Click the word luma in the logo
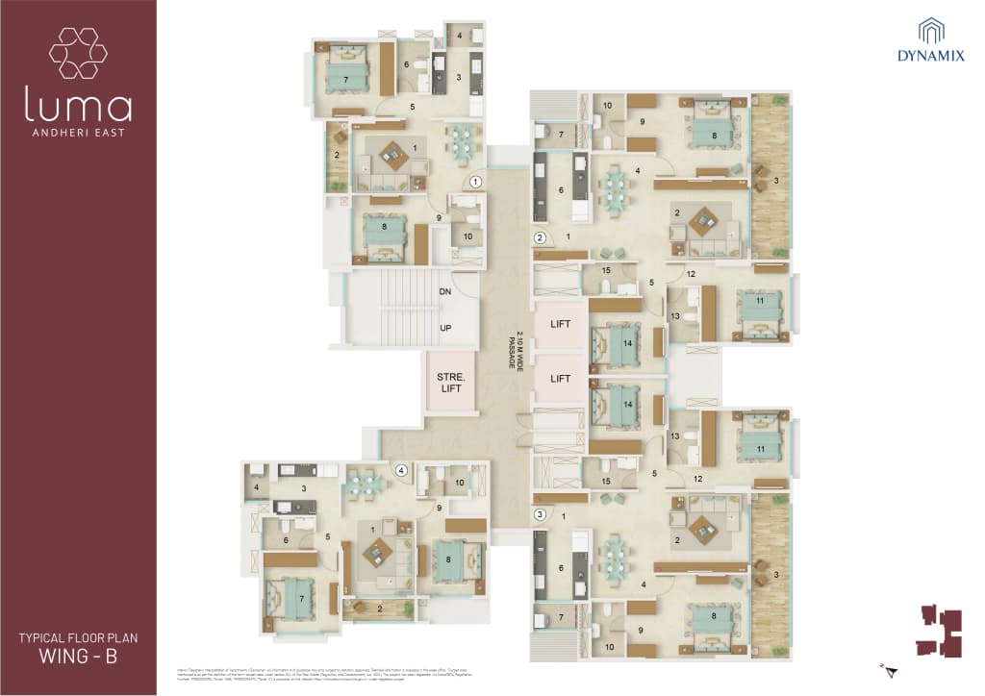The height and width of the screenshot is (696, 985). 78,106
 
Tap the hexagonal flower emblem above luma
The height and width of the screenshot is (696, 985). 78,53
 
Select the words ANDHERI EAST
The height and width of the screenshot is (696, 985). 78,132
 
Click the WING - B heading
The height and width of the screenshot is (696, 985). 78,657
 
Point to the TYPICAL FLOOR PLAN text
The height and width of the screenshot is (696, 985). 78,637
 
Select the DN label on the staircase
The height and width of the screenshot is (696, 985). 445,291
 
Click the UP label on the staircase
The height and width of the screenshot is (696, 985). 445,328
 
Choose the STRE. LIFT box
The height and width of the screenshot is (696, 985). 451,384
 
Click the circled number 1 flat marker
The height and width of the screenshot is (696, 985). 474,181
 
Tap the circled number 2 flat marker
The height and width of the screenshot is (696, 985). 540,237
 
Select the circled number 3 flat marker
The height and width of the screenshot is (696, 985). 540,513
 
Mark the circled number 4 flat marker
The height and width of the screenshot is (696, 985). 401,470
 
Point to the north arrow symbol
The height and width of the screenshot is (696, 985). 890,668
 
